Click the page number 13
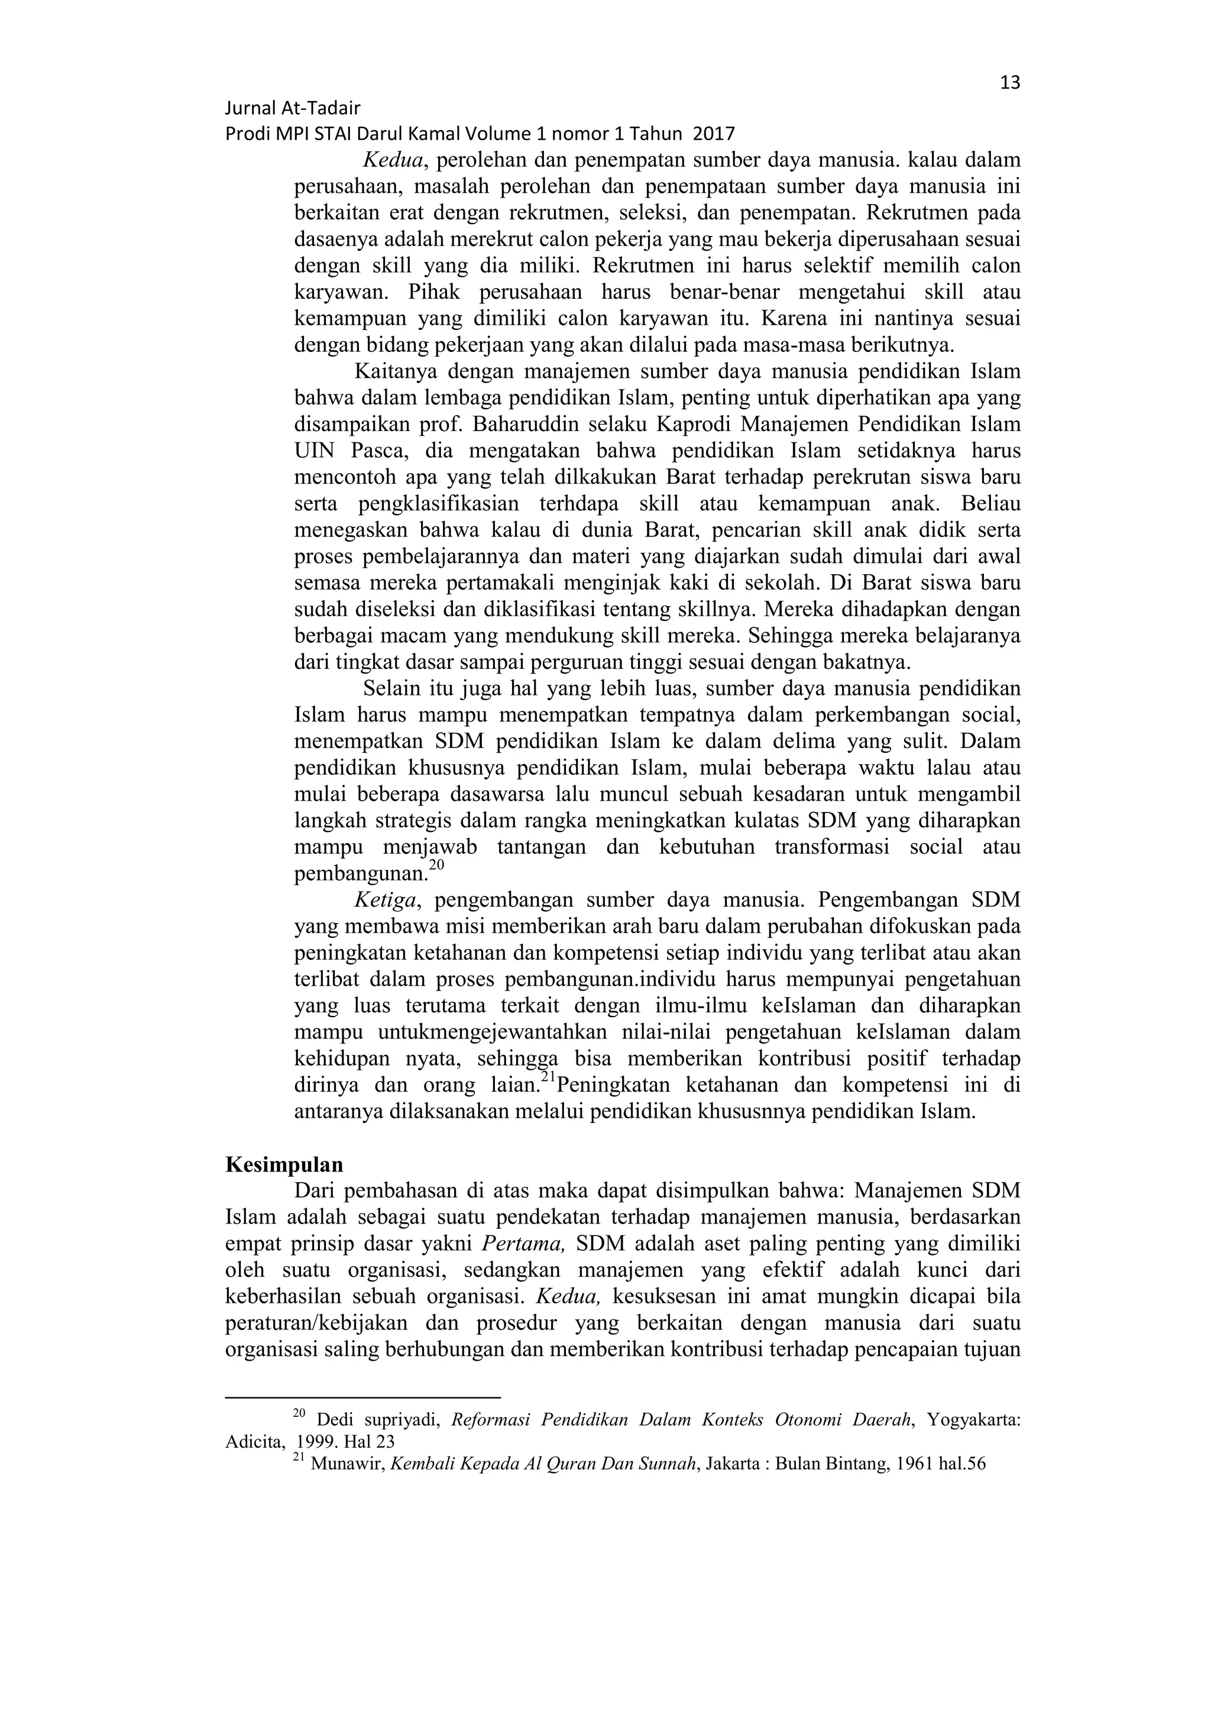click(1010, 83)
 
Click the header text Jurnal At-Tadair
click(292, 109)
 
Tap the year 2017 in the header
click(714, 134)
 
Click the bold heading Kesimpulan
click(284, 1166)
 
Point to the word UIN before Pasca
click(315, 451)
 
